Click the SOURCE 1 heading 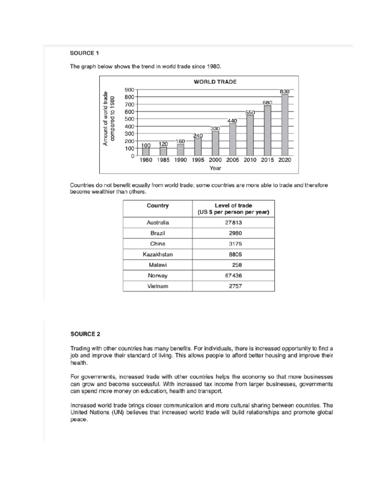coord(84,53)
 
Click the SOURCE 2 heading coord(84,334)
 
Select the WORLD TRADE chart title coord(215,82)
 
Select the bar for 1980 coord(146,151)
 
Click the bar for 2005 coord(233,139)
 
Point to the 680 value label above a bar coord(268,102)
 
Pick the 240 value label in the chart coord(198,135)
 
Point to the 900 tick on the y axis coord(129,89)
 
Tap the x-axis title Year coord(215,168)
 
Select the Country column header coord(158,206)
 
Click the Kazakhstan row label coord(158,254)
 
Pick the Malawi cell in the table coord(158,265)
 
